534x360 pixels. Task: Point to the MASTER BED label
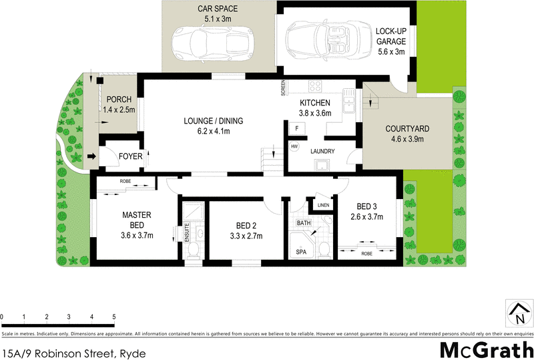click(137, 220)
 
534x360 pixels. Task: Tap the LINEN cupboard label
click(323, 205)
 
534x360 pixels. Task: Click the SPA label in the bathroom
click(302, 252)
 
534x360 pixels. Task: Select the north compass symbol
click(518, 313)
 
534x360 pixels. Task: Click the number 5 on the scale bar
click(114, 317)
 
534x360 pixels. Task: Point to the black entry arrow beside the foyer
click(91, 157)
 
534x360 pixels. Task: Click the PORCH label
click(119, 104)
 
